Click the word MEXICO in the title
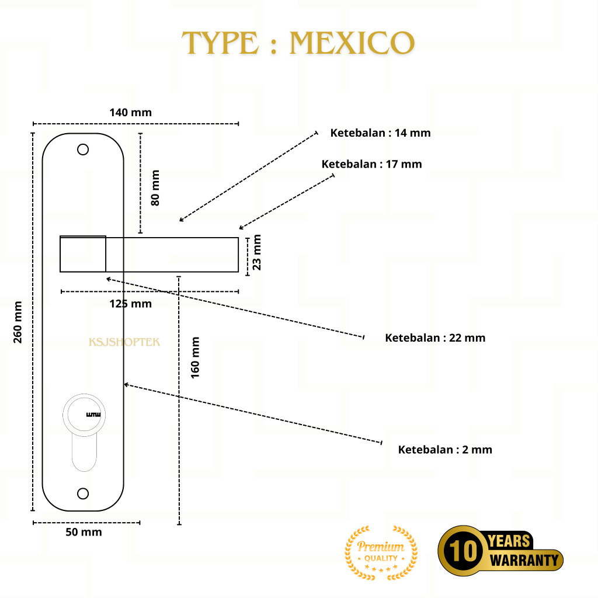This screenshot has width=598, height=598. click(x=352, y=43)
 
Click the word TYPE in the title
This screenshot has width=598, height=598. click(x=220, y=43)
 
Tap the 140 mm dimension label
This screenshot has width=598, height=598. click(x=130, y=112)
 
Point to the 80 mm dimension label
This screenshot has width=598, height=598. click(x=155, y=187)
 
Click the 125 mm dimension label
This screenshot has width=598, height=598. click(x=130, y=304)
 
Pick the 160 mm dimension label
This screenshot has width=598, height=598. click(x=195, y=356)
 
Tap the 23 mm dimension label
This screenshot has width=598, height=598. click(x=256, y=252)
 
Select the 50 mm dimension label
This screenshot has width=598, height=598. click(x=84, y=532)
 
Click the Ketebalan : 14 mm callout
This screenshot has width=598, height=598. click(x=380, y=133)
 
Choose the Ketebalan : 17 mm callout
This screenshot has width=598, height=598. click(x=371, y=164)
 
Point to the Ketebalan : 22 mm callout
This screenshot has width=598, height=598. click(x=435, y=338)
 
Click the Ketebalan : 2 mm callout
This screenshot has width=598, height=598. click(x=445, y=450)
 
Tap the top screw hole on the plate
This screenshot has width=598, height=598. click(x=83, y=149)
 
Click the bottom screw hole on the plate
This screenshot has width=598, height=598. click(x=83, y=494)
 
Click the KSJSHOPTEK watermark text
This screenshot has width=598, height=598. click(x=124, y=342)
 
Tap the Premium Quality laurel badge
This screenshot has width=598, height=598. click(x=381, y=552)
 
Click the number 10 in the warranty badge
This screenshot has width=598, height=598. click(x=462, y=551)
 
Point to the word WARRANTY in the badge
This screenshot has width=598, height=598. click(x=524, y=561)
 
